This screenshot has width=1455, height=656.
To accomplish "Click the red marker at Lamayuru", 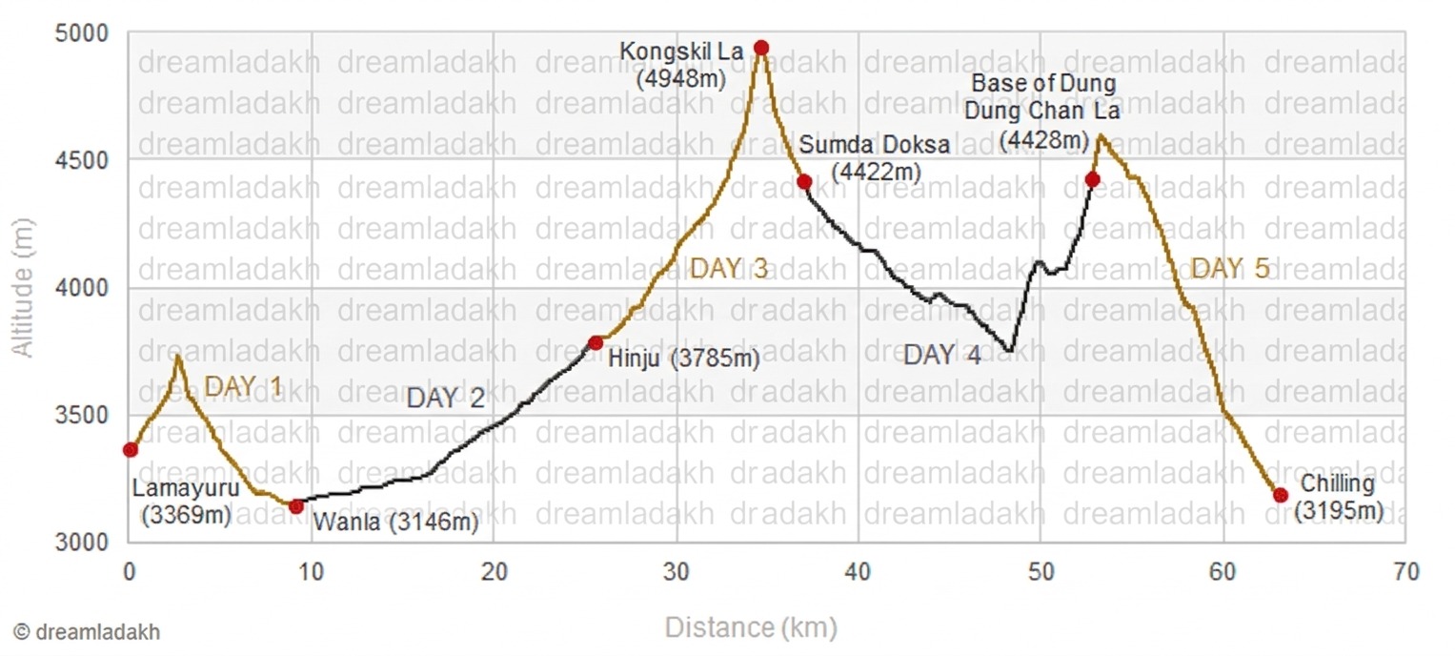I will click(x=131, y=450).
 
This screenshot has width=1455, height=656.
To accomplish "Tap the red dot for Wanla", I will click(x=296, y=506).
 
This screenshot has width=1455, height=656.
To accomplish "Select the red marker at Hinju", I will click(x=596, y=342).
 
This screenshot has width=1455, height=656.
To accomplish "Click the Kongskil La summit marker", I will click(x=760, y=48).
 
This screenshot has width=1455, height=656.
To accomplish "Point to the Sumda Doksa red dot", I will click(x=804, y=182).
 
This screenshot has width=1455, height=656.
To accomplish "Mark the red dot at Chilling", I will click(x=1281, y=495).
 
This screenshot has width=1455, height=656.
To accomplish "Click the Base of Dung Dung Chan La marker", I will click(x=1093, y=179).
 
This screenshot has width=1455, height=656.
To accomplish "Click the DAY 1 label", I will click(x=244, y=387).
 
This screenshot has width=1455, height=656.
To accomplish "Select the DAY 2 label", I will click(x=446, y=399).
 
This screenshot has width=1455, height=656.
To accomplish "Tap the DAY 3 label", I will click(x=729, y=270).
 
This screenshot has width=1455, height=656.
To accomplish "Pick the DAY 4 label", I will click(x=941, y=356).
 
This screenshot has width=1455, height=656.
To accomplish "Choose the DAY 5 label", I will click(x=1230, y=270).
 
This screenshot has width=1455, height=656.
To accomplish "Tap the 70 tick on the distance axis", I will click(x=1404, y=572).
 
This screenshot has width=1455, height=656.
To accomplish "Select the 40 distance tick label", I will click(x=859, y=572).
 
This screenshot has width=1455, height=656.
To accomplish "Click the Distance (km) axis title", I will click(x=751, y=628).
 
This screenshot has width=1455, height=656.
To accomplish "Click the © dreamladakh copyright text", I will click(x=87, y=632).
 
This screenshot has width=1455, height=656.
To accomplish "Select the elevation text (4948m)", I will click(x=681, y=78).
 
